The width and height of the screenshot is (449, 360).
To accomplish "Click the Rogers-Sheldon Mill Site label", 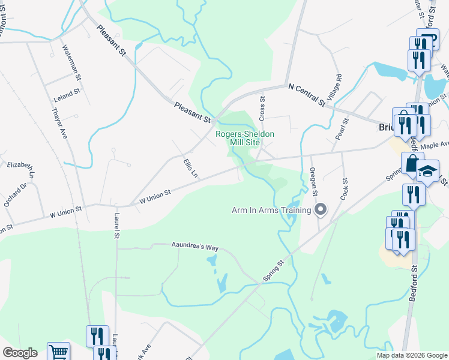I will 244,138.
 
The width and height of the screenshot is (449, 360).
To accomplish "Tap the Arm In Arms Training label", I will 271,210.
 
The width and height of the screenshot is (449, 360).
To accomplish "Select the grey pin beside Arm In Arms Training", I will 321,209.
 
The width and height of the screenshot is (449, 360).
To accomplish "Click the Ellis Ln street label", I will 190,167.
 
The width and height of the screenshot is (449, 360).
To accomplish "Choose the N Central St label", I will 306,95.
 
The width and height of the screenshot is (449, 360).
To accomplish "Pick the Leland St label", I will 67,95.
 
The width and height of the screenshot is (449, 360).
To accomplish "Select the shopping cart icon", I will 58,353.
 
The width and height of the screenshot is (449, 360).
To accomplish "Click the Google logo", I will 20,353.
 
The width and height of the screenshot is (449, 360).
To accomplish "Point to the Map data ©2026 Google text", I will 412,355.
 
